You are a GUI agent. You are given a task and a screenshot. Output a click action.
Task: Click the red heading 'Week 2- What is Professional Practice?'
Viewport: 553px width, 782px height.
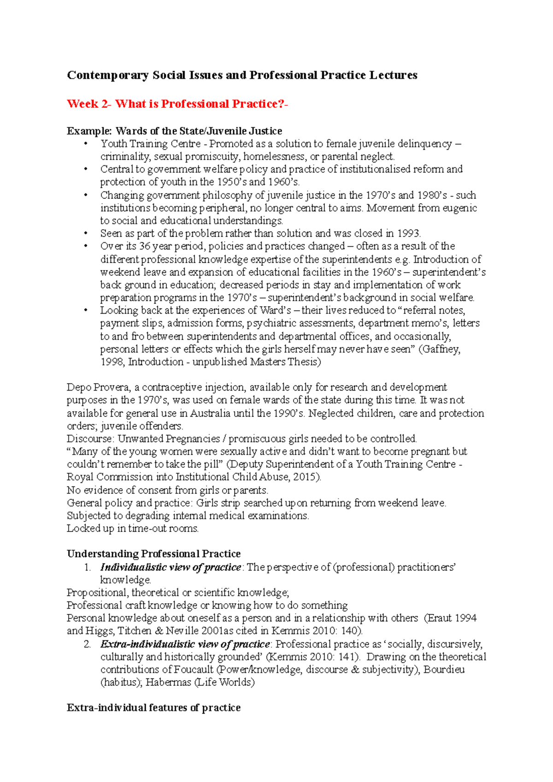tap(177, 104)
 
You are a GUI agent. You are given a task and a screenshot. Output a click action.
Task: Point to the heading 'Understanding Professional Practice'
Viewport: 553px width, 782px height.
tap(153, 554)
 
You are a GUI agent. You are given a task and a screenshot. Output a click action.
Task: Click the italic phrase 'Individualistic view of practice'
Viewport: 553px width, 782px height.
tap(171, 567)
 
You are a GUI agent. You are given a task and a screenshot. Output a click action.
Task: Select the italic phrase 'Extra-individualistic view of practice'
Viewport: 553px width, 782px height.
tap(185, 644)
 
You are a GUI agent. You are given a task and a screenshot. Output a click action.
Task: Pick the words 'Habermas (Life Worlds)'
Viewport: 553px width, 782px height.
tap(200, 682)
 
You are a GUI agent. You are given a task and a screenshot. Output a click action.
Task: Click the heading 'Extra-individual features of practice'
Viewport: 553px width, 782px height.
tap(153, 707)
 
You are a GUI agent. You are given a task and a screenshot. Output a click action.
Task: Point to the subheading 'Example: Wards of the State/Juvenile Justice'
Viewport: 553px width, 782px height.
tap(174, 131)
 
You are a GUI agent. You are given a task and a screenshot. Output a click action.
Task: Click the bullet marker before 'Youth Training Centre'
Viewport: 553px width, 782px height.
tap(86, 144)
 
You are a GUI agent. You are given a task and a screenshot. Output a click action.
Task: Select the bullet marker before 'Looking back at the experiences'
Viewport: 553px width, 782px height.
tap(86, 310)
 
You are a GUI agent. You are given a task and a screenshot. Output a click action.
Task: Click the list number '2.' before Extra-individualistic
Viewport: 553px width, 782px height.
tap(88, 644)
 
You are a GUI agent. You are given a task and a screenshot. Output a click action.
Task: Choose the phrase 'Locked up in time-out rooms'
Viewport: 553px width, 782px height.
tap(132, 528)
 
